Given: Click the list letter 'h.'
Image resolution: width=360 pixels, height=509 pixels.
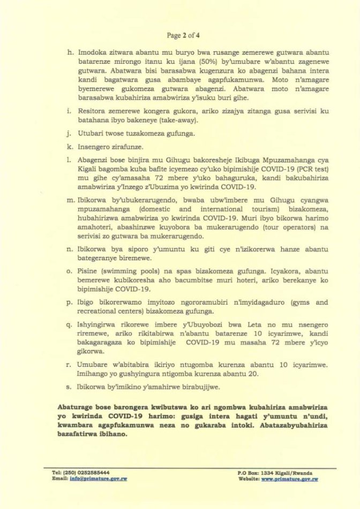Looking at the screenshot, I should tap(68, 52).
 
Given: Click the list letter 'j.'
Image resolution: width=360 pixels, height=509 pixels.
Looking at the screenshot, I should tap(68, 134).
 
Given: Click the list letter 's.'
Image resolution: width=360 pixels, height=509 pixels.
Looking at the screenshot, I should tap(69, 386).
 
